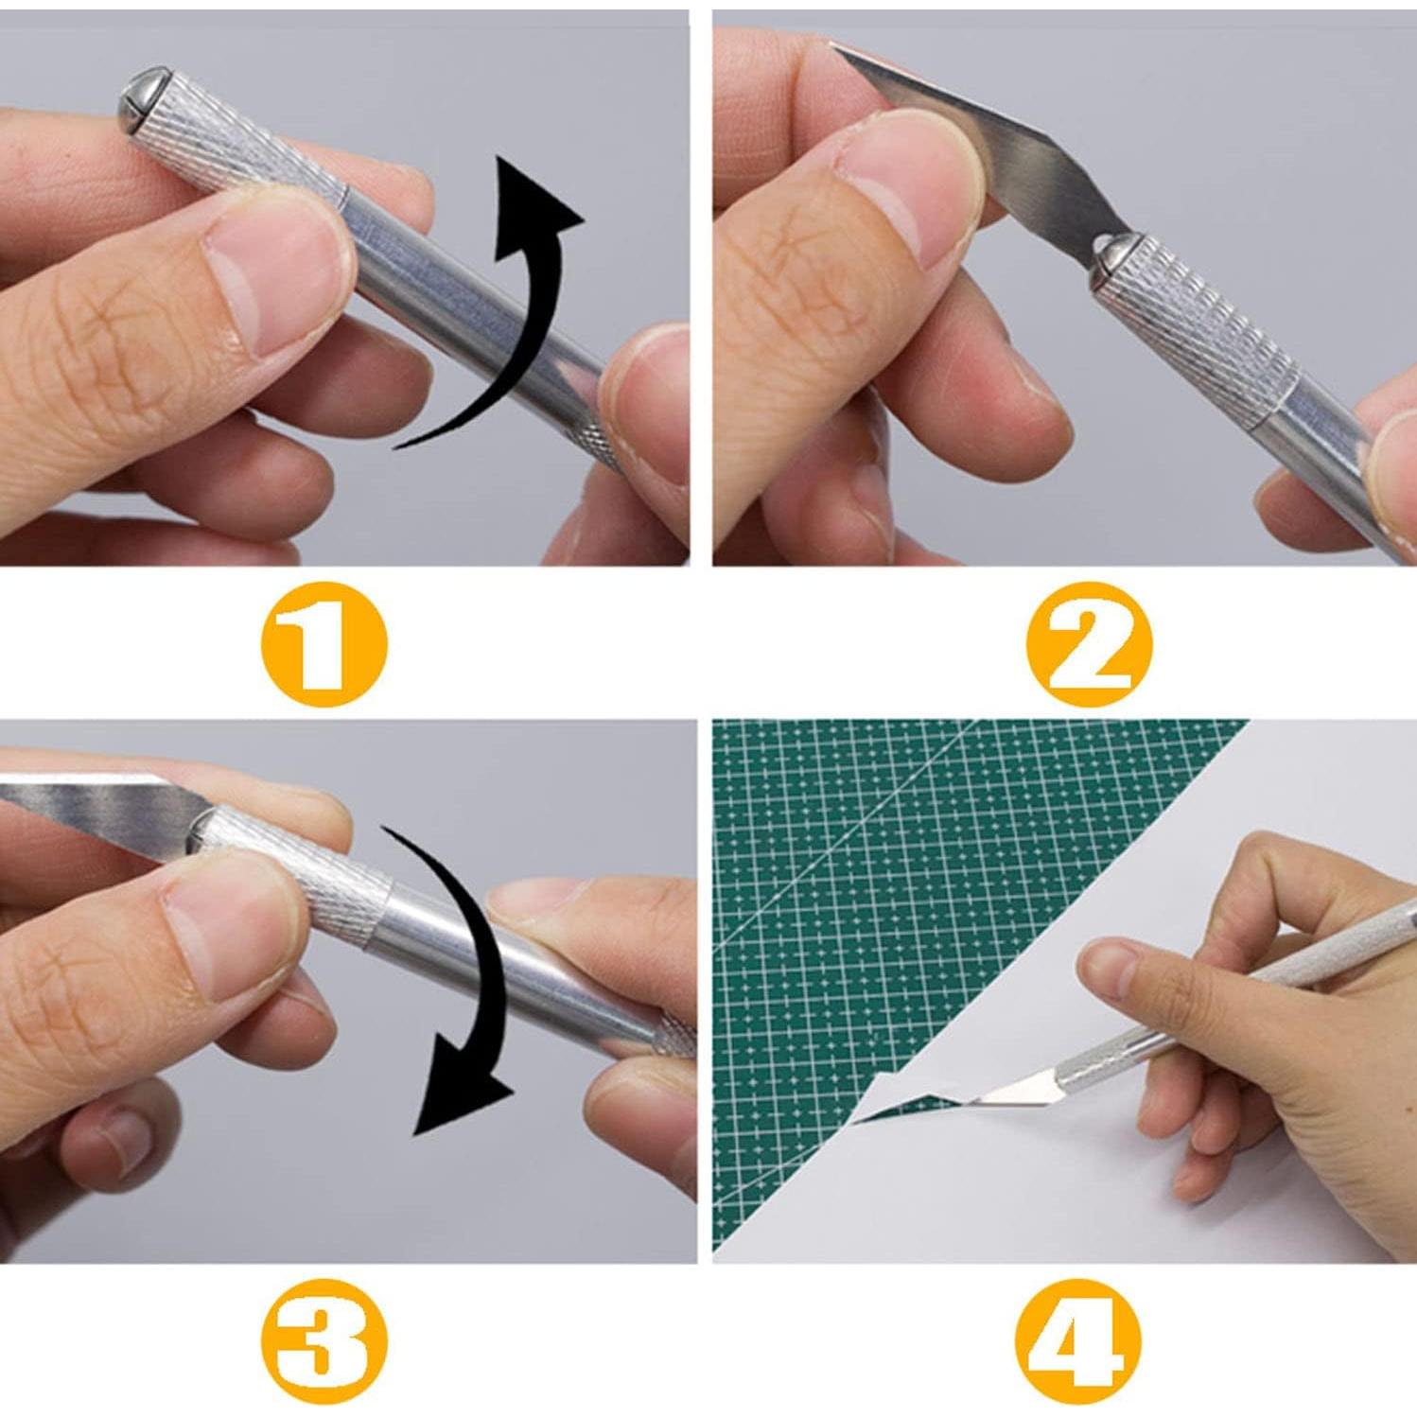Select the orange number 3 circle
(324, 1340)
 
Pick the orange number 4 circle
(1077, 1341)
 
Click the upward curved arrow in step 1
(511, 312)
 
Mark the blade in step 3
(95, 804)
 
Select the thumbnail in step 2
(908, 189)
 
